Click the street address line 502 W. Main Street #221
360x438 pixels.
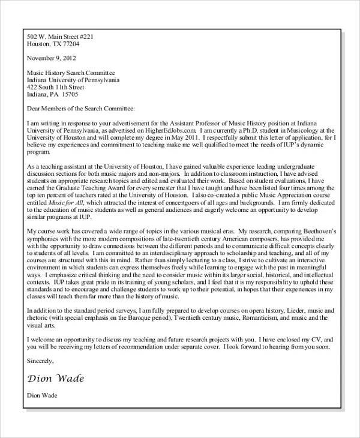tap(60, 37)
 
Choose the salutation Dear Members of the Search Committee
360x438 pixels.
tap(81, 109)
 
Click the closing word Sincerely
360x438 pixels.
tap(41, 361)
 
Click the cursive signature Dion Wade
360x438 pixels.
tap(56, 378)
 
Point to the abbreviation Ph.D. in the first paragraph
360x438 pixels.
tap(255, 130)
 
